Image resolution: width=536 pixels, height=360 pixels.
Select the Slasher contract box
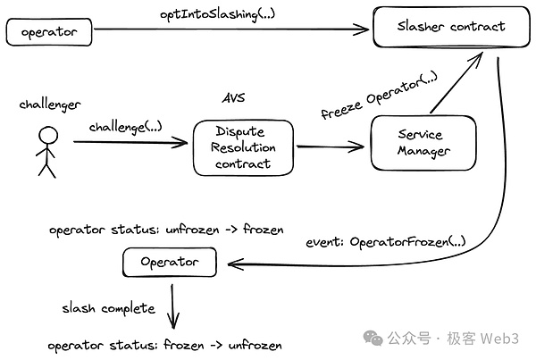[451, 27]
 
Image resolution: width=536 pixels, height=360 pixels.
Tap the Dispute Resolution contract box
[244, 147]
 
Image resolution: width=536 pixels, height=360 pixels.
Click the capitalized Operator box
[170, 264]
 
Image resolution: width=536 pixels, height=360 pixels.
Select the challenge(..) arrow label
[125, 127]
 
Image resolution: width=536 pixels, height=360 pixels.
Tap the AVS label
[232, 96]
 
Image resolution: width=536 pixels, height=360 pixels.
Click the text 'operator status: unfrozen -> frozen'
[165, 230]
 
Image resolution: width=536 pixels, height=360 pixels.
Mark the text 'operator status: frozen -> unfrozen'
[165, 345]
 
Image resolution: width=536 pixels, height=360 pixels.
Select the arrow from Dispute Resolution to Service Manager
[331, 148]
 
